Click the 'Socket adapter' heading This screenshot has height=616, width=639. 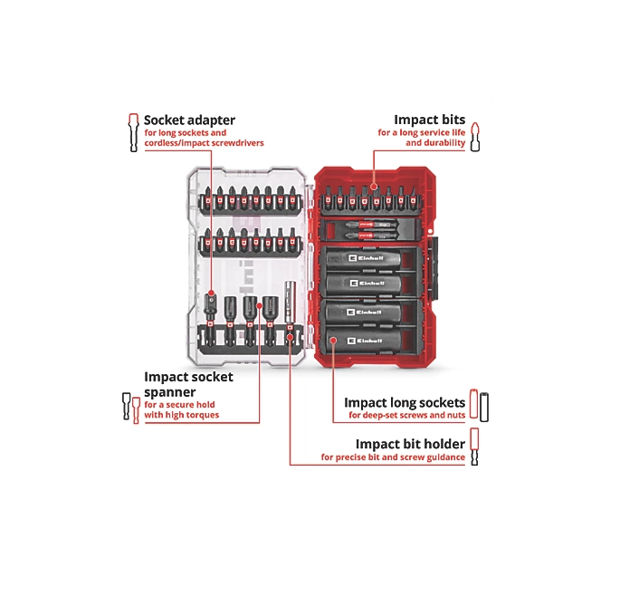189,119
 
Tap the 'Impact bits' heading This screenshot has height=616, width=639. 429,119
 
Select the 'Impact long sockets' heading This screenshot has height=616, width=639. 405,402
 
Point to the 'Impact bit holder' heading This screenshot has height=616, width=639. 410,444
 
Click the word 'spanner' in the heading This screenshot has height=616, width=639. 170,391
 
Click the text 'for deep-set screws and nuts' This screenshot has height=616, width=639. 407,416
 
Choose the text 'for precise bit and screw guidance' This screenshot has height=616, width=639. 393,457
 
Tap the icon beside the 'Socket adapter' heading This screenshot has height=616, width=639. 133,132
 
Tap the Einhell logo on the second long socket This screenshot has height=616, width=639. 367,285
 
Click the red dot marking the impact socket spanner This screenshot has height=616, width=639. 259,305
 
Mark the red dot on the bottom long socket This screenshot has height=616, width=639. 333,341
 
